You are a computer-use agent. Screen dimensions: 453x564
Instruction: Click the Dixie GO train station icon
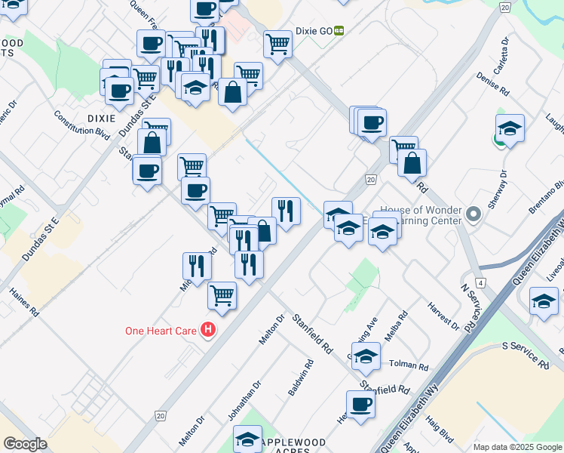click(x=339, y=31)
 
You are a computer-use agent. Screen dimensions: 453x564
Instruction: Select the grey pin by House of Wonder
click(x=473, y=215)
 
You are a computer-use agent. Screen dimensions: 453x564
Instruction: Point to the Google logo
click(x=25, y=444)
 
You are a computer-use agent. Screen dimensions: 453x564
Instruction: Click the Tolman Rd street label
click(x=409, y=365)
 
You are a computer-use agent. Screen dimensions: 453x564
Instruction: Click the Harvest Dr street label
click(x=443, y=318)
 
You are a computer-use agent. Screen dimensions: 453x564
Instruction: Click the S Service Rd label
click(x=526, y=355)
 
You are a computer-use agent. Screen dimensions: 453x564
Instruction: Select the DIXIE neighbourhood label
click(x=101, y=119)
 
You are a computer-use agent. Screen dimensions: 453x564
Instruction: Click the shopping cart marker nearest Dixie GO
click(x=278, y=45)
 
